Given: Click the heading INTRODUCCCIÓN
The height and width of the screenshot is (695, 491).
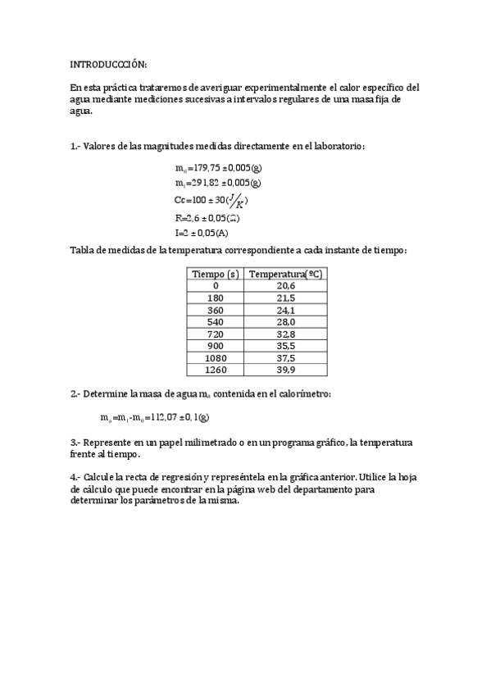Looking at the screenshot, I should pyautogui.click(x=108, y=64).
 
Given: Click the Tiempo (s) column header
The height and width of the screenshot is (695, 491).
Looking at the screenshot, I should pyautogui.click(x=215, y=275).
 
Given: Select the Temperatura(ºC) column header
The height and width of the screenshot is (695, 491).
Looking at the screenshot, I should pyautogui.click(x=285, y=275).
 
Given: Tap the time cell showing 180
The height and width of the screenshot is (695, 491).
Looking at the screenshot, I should pyautogui.click(x=216, y=298).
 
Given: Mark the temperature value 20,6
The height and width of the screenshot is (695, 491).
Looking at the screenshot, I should pyautogui.click(x=285, y=286).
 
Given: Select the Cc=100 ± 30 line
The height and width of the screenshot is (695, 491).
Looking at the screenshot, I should pyautogui.click(x=211, y=201).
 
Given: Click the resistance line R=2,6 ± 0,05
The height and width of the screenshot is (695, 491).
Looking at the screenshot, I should pyautogui.click(x=207, y=218).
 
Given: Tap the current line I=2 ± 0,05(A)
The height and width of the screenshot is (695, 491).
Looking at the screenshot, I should pyautogui.click(x=202, y=233).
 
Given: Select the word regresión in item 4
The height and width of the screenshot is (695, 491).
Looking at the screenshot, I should pyautogui.click(x=198, y=476).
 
